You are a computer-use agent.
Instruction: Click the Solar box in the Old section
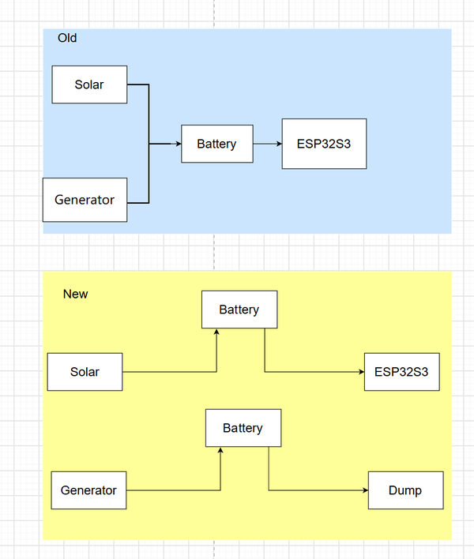coord(89,84)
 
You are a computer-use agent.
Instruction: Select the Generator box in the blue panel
coord(85,200)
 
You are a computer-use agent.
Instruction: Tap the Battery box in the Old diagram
coord(217,144)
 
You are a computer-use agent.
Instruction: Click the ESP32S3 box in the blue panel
coord(324,144)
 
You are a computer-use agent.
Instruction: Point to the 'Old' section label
coord(67,38)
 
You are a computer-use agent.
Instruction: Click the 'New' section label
coord(75,294)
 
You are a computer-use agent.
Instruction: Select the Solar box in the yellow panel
coord(85,372)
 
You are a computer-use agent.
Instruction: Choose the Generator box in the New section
coord(88,490)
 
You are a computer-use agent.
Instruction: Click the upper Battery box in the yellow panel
coord(239,310)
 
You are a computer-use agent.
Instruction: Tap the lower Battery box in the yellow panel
coord(243,428)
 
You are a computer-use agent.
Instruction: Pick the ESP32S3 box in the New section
coord(402,372)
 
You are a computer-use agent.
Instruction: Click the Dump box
coord(406,490)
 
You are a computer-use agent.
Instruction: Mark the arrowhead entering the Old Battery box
coord(179,144)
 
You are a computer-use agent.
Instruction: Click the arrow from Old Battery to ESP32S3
coord(268,144)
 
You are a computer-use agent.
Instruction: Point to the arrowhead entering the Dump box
coord(366,490)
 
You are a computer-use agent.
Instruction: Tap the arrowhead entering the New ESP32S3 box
coord(362,372)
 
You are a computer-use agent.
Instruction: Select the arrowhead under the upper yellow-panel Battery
coord(216,332)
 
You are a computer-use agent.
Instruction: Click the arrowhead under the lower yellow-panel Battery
coord(220,450)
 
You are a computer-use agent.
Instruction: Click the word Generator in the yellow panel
coord(88,490)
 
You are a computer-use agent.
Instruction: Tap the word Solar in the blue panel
coord(89,84)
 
